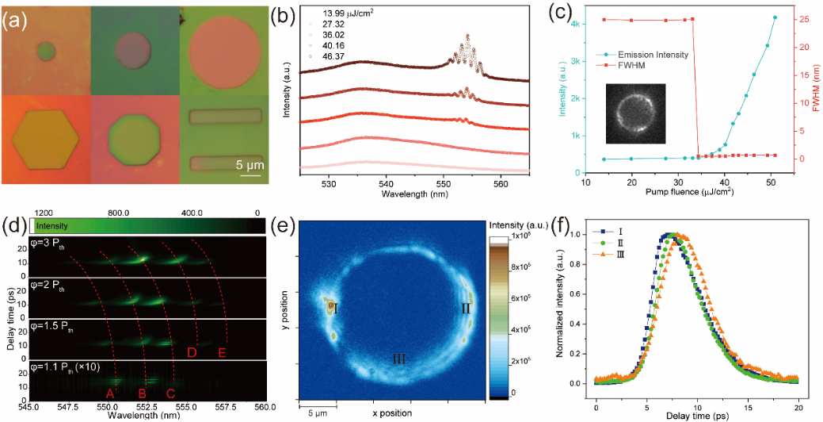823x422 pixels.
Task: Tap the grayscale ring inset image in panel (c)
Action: tap(634, 109)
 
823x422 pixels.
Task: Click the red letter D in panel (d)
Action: tap(192, 352)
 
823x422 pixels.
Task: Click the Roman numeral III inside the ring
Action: tap(399, 359)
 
